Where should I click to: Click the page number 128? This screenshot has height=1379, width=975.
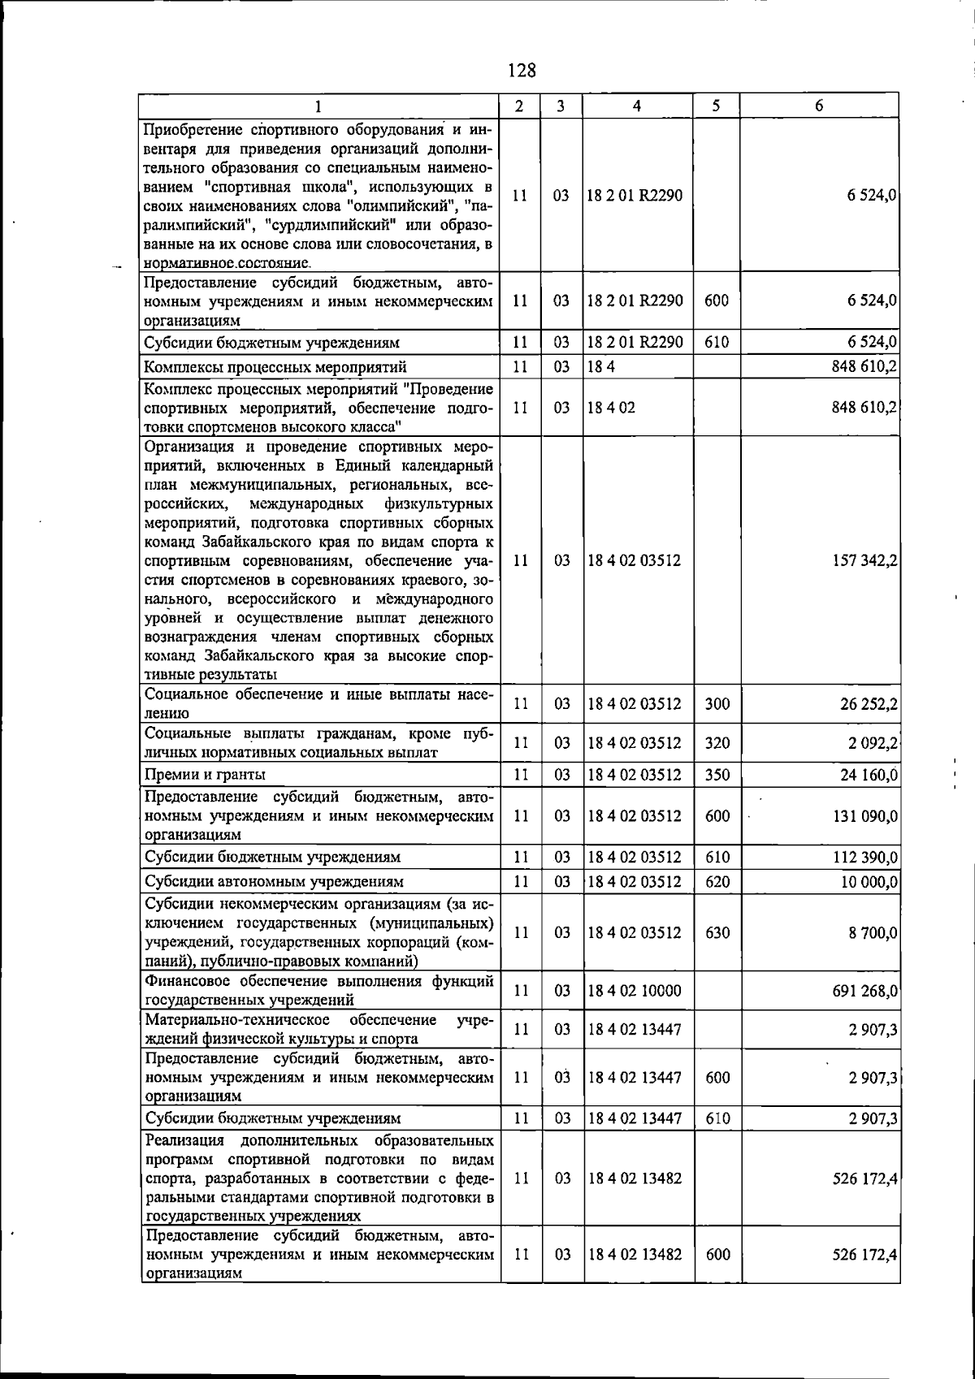[522, 71]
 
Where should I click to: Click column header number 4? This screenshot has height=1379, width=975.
[638, 106]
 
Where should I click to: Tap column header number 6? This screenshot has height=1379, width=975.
[819, 106]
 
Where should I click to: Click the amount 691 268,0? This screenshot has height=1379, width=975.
[864, 991]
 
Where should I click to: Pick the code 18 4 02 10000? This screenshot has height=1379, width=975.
[635, 991]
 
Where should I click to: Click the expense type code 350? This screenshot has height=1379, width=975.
[717, 775]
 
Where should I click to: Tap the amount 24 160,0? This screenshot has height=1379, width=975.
[869, 775]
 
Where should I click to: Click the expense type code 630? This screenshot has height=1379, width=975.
[717, 932]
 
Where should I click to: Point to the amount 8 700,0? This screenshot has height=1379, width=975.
[873, 932]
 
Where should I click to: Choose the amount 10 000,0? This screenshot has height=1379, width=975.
[869, 881]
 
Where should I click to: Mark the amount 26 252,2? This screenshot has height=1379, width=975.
[869, 704]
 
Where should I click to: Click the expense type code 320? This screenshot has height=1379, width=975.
[717, 742]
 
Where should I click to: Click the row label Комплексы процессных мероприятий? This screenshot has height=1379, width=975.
[275, 367]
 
